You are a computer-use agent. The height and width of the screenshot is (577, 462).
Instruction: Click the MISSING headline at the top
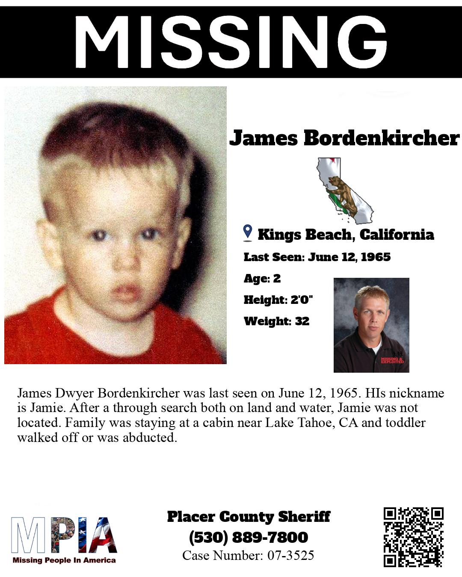[x=231, y=42]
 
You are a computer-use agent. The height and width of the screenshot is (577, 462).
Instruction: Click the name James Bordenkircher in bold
[x=344, y=138]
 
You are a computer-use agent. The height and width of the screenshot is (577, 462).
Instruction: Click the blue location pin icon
[x=248, y=233]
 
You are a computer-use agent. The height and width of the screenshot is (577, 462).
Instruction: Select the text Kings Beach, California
[x=346, y=235]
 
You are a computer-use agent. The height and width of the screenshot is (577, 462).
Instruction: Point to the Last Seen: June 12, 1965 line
[x=317, y=257]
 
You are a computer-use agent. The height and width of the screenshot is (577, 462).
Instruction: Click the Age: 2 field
[x=262, y=279]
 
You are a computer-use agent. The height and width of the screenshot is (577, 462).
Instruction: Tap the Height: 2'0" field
[x=278, y=300]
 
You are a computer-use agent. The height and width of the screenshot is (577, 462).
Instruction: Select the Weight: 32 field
[x=276, y=321]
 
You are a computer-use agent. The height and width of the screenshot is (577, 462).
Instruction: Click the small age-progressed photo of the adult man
[x=371, y=325]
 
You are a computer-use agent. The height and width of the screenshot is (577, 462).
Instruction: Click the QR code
[x=413, y=537]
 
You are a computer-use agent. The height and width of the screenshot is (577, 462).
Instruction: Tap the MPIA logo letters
[x=64, y=535]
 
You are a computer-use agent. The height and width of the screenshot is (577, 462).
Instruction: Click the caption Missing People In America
[x=64, y=560]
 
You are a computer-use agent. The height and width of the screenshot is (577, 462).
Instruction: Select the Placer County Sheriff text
[x=249, y=517]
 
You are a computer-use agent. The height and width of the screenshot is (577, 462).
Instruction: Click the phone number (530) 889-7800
[x=249, y=537]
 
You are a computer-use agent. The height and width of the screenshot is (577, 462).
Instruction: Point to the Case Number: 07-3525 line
[x=249, y=555]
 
